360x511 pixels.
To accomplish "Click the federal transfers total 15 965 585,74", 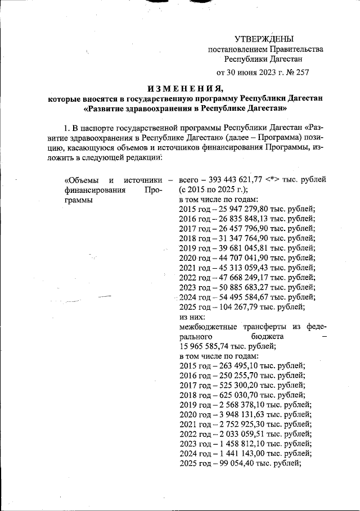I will (x=205, y=346).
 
